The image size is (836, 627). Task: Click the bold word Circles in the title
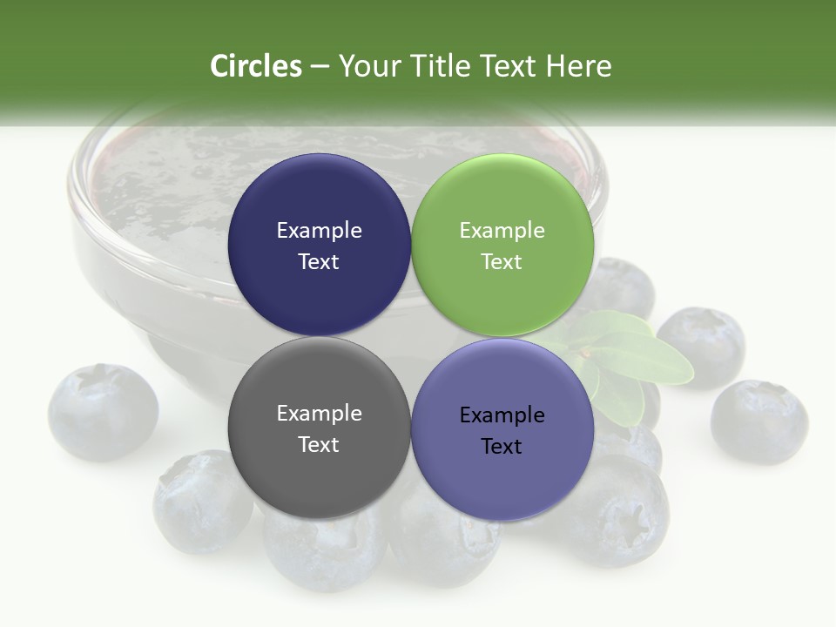click(x=255, y=66)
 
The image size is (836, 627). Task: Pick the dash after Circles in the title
click(x=320, y=67)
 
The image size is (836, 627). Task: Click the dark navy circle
click(x=319, y=192)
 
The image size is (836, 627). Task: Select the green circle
click(x=502, y=192)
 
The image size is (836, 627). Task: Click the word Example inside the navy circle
click(x=319, y=230)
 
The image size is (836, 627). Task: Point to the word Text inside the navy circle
click(x=319, y=261)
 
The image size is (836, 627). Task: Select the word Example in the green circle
click(x=502, y=230)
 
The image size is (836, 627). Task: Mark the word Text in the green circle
click(x=502, y=261)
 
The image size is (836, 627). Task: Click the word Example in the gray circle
click(x=319, y=413)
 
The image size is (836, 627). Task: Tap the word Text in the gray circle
click(x=319, y=444)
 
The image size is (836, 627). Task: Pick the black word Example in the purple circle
click(x=502, y=415)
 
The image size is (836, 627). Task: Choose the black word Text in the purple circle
click(x=502, y=446)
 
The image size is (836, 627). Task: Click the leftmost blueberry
click(x=103, y=411)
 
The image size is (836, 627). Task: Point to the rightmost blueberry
click(x=758, y=421)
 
